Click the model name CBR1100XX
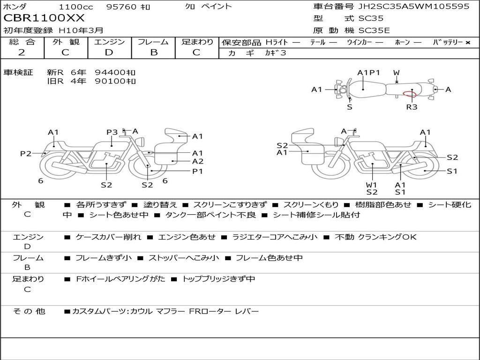[x=44, y=18]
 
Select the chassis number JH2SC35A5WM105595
[x=414, y=6]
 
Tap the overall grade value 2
[x=22, y=52]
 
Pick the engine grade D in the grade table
[x=109, y=52]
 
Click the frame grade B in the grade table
[x=154, y=52]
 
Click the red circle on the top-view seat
[x=410, y=94]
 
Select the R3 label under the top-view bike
[x=412, y=107]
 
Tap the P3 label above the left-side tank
[x=112, y=132]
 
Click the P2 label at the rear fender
[x=26, y=153]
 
